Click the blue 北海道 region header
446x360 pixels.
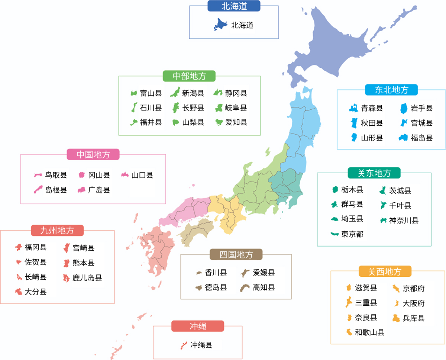click(234, 6)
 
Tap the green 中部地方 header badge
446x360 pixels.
click(189, 76)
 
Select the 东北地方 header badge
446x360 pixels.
click(391, 90)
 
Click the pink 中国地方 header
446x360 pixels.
click(93, 154)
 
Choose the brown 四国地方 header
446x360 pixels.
click(236, 254)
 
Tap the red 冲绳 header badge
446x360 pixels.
click(198, 326)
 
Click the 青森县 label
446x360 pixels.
click(372, 108)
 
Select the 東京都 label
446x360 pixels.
click(352, 234)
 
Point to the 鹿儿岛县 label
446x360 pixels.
click(87, 278)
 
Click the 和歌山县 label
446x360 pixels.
click(369, 332)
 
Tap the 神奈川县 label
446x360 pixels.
click(404, 220)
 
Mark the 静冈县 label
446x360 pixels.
click(236, 93)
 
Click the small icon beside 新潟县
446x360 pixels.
click(175, 93)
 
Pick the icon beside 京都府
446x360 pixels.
click(396, 288)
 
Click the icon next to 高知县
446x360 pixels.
click(245, 287)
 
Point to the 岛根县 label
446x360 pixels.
click(56, 190)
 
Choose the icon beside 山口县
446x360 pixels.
click(125, 175)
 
